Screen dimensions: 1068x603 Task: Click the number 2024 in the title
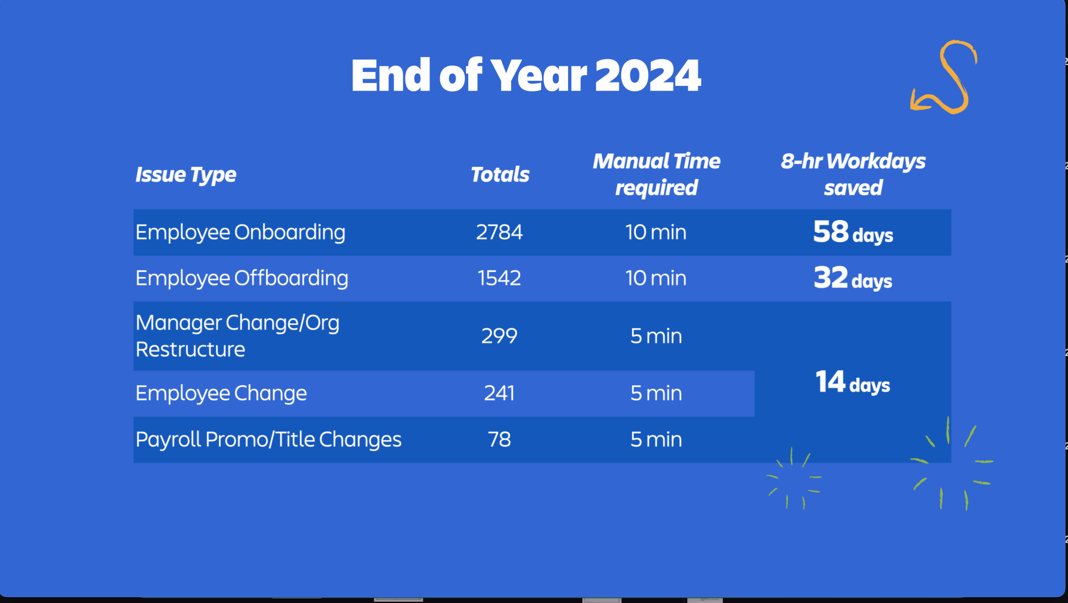648,76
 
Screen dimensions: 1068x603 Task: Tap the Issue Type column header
186,174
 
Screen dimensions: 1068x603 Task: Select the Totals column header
500,174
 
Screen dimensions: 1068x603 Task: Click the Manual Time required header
656,174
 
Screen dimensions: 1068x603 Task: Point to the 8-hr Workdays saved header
853,174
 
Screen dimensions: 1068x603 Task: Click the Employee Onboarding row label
240,233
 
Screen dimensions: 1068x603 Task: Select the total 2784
499,232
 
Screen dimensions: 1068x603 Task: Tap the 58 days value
853,232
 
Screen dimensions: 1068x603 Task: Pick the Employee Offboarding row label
242,278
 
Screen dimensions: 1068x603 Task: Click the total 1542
499,278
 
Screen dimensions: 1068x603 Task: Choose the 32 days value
853,278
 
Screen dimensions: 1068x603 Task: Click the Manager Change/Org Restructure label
237,336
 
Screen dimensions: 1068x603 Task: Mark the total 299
499,336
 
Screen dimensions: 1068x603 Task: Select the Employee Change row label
221,394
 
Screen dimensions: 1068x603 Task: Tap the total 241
499,393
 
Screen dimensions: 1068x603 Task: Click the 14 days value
853,382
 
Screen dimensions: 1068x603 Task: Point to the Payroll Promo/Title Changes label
268,440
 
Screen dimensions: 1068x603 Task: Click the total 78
499,439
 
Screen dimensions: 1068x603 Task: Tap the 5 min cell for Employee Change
656,393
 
